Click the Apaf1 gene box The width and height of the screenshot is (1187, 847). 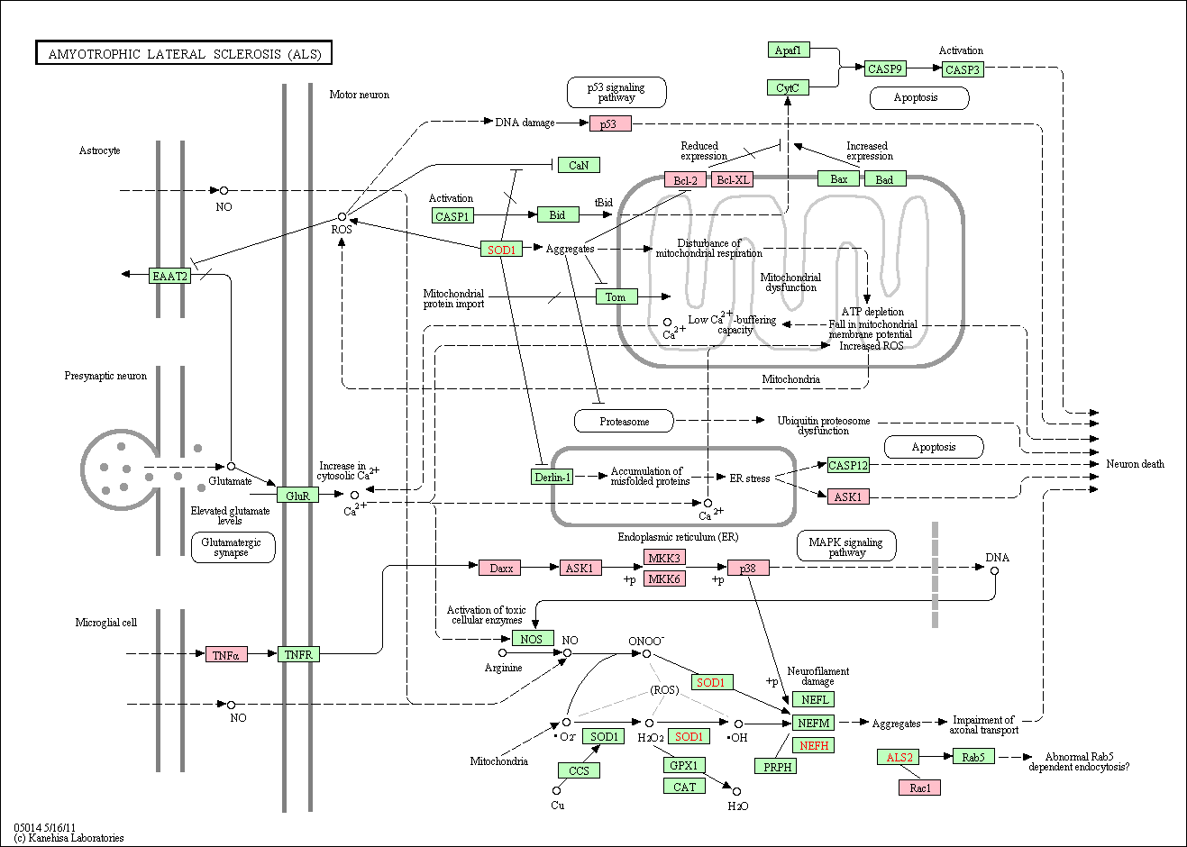(x=789, y=50)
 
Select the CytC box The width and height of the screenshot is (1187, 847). (x=788, y=87)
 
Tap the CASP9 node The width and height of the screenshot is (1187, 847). (x=885, y=68)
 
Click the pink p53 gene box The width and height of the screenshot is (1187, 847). (x=610, y=124)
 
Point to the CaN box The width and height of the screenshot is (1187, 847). (x=580, y=165)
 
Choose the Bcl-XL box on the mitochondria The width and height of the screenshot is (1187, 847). (x=733, y=179)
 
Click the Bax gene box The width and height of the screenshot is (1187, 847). (x=838, y=179)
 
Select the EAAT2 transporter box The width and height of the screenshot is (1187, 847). (x=169, y=276)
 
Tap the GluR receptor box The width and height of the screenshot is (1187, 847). (x=297, y=496)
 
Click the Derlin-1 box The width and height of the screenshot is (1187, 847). (x=552, y=477)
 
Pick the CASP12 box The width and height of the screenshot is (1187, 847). (x=848, y=465)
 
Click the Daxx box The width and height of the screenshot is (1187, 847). (x=499, y=568)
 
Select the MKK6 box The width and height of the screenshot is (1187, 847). (x=664, y=578)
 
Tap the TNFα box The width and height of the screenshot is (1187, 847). (x=226, y=655)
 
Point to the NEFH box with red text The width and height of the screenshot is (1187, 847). (x=813, y=745)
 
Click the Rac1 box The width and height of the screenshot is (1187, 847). (x=920, y=788)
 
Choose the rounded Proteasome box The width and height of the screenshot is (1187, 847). (x=625, y=421)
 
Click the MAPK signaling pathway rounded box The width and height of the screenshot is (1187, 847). (x=846, y=546)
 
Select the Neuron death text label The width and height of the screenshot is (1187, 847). (x=1135, y=464)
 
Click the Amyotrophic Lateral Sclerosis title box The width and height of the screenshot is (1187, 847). (x=184, y=53)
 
